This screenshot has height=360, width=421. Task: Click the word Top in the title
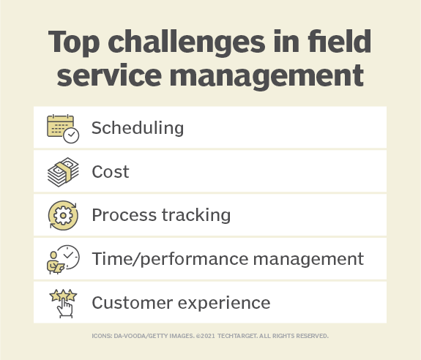click(75, 42)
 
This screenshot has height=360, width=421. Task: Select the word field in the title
click(347, 42)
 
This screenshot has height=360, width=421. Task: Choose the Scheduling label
click(137, 128)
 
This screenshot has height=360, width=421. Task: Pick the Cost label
click(110, 172)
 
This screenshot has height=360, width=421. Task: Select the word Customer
click(130, 301)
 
